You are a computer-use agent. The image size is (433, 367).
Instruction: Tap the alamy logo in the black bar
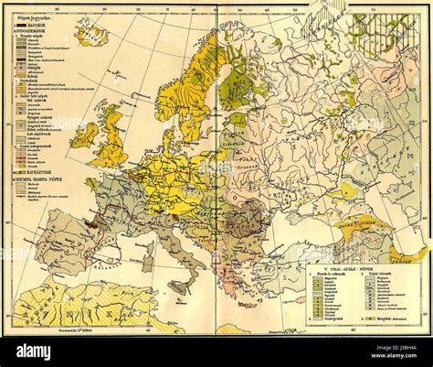(x=46, y=352)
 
